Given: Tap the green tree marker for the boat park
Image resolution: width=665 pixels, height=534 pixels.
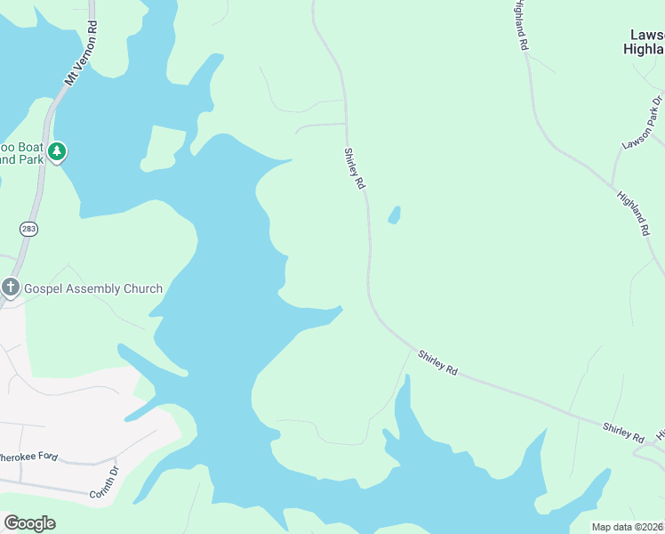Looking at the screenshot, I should click(x=58, y=152).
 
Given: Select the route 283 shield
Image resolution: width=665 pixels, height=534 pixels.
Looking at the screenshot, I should click(x=29, y=229).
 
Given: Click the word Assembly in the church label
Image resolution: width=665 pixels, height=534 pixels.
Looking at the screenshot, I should click(x=90, y=288).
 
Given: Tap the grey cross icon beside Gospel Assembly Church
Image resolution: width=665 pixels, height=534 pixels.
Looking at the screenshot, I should click(x=11, y=287).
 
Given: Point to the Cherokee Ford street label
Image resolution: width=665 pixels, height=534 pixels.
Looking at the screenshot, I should click(x=28, y=457).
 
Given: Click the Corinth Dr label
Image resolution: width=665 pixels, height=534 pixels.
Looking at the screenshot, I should click(x=103, y=481).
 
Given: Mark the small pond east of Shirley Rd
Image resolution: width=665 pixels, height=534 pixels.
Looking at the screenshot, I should click(x=393, y=214).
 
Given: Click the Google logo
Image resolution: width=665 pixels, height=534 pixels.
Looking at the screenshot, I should click(x=29, y=523).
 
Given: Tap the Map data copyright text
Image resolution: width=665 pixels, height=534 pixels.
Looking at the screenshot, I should click(x=627, y=527).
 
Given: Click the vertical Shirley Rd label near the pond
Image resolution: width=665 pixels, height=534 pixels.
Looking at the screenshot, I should click(x=354, y=168).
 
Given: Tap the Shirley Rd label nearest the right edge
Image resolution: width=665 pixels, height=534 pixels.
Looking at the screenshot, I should click(x=622, y=433).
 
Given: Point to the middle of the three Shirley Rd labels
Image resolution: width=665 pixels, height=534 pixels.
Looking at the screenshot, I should click(x=437, y=362).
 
